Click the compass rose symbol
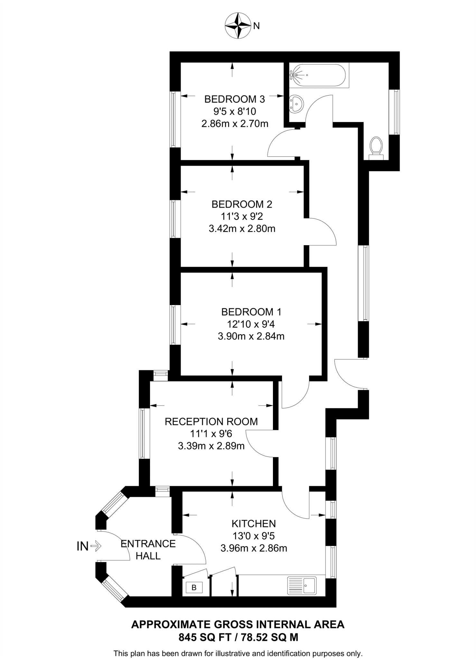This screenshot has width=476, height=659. point(238,26)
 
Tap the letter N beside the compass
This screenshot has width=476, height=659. point(256,26)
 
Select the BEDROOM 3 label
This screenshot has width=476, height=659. point(235,99)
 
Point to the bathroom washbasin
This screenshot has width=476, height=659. point(296,104)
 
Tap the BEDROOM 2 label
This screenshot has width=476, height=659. point(242,204)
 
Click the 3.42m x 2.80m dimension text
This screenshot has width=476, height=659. point(242,229)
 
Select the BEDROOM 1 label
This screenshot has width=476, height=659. point(251,312)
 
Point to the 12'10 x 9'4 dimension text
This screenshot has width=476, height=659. point(251,324)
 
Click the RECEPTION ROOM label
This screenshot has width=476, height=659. point(211,422)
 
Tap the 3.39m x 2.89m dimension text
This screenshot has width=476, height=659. point(211,446)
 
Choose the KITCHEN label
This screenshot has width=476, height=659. point(254,524)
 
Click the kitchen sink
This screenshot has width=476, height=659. point(302,585)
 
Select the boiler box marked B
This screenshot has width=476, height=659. point(194,588)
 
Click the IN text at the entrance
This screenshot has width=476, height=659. point(83,546)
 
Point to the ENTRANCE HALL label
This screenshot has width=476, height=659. point(148,550)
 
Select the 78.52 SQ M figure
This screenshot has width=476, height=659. point(267,637)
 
